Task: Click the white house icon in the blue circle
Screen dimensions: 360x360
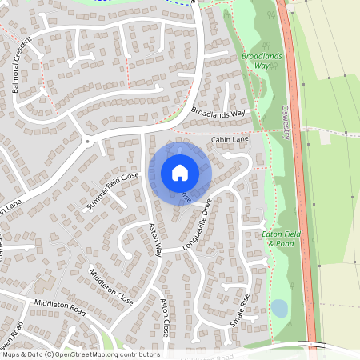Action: [180, 172]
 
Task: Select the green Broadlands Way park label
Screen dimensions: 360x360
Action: [256, 62]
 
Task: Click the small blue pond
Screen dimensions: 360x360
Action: [279, 308]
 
